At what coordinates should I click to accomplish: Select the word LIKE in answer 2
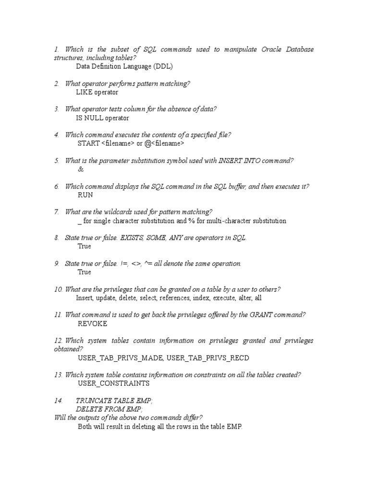click(x=85, y=92)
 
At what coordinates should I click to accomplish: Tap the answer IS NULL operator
click(x=102, y=118)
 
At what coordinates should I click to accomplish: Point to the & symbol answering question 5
click(x=80, y=169)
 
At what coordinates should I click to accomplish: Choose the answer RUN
click(x=85, y=195)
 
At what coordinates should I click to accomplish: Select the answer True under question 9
click(x=84, y=272)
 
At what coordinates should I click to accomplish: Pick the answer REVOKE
click(x=92, y=324)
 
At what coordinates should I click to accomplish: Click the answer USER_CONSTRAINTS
click(x=113, y=383)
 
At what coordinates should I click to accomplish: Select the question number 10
click(x=58, y=289)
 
